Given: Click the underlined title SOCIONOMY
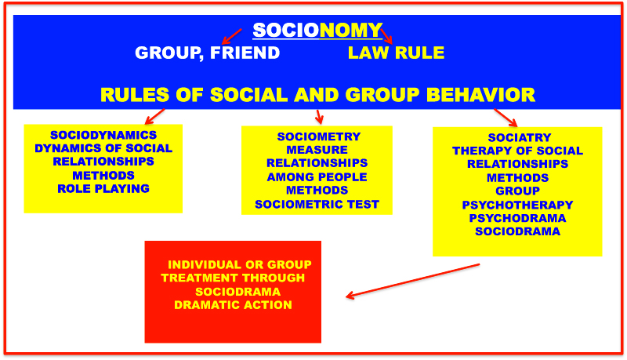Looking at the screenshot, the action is tap(317, 31).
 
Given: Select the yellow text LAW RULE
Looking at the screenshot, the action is tap(396, 53).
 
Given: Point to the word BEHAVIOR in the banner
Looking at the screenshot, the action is tap(480, 95).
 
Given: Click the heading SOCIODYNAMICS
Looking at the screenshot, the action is tap(103, 135).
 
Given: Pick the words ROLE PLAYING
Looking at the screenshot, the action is tap(103, 189).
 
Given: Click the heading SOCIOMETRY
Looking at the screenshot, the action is tap(319, 136).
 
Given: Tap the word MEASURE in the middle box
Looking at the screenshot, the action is tap(317, 150).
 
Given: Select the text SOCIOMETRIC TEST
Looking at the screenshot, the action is tap(317, 205).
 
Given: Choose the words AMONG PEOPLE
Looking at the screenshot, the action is tap(317, 177).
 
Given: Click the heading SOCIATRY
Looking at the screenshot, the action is tap(520, 137).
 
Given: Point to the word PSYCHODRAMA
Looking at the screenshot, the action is tap(517, 218).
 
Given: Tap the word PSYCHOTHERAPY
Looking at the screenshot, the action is tap(517, 205).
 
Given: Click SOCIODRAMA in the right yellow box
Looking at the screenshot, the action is tap(517, 231).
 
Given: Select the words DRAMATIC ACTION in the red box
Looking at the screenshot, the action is tap(233, 305).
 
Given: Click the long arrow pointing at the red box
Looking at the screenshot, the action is tap(413, 281).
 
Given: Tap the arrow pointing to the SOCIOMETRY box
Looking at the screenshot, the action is tap(319, 116).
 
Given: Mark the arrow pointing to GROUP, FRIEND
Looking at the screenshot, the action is tap(231, 36).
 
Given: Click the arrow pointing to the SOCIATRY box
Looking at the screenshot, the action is tap(506, 118).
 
